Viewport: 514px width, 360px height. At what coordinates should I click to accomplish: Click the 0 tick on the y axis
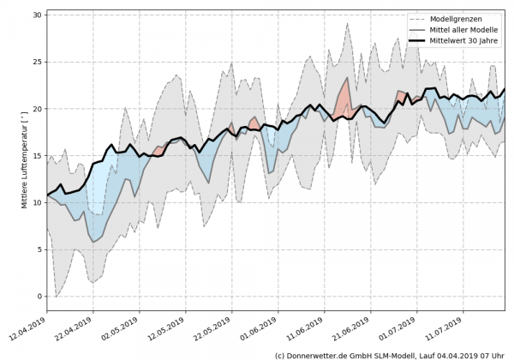point(39,296)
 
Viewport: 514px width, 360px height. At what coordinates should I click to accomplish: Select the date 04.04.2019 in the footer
point(453,354)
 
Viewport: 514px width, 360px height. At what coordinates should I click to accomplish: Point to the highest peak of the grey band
point(348,23)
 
